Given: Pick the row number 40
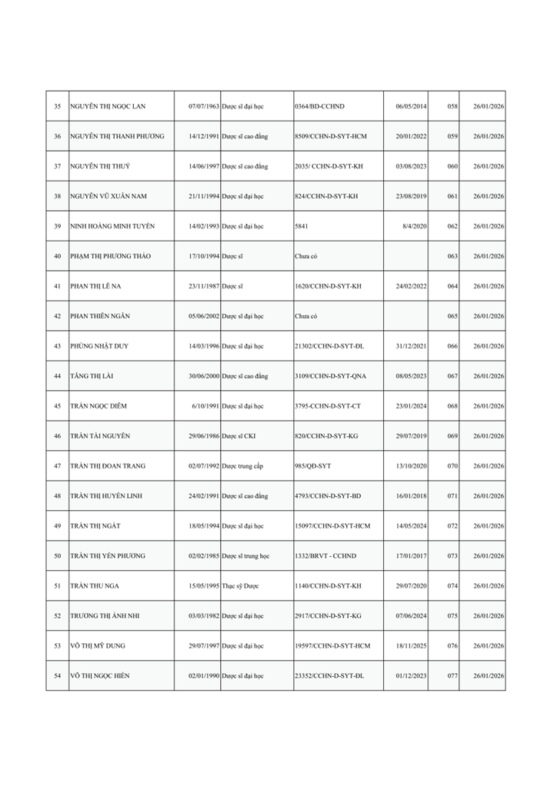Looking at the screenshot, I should [x=57, y=256].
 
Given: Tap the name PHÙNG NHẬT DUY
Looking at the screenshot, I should [x=99, y=346].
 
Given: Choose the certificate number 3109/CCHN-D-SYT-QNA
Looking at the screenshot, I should [x=332, y=376].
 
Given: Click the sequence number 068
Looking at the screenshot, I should [x=452, y=406].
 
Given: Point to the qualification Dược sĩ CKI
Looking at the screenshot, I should [x=242, y=436].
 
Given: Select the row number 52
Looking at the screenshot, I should [x=57, y=616].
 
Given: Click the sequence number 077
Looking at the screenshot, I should [x=452, y=676].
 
